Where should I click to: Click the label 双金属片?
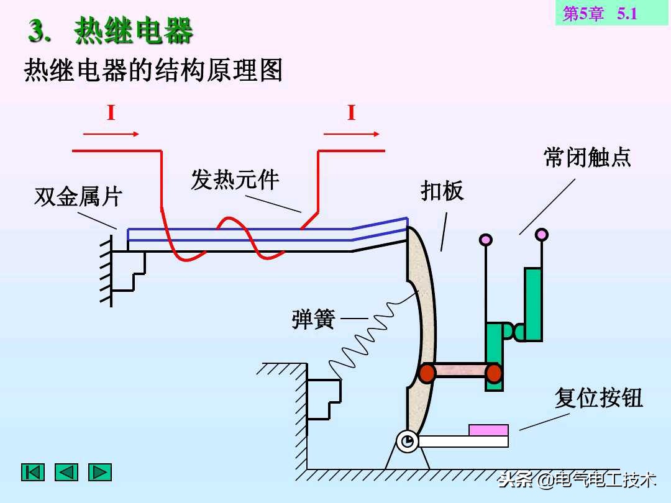coord(78,197)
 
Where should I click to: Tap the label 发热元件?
coord(235,180)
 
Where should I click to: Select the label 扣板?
coord(442,191)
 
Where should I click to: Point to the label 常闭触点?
coord(587,157)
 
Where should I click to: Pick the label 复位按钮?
coord(598,398)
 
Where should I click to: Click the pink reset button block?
coord(488,430)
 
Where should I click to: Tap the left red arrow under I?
coord(111,134)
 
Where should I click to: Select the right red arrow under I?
coord(351,134)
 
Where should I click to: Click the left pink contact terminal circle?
coord(486,239)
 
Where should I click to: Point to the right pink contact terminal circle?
coord(542,234)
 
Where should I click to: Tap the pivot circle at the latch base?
coord(408,442)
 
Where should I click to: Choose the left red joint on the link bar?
coord(427,373)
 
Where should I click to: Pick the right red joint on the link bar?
coord(494,373)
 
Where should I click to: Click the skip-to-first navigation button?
coord(33,472)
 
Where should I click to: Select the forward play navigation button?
coord(99,472)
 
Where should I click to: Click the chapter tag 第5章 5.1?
coord(600,14)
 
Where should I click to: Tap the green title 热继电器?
coord(134,31)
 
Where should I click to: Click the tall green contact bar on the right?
coord(533,304)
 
